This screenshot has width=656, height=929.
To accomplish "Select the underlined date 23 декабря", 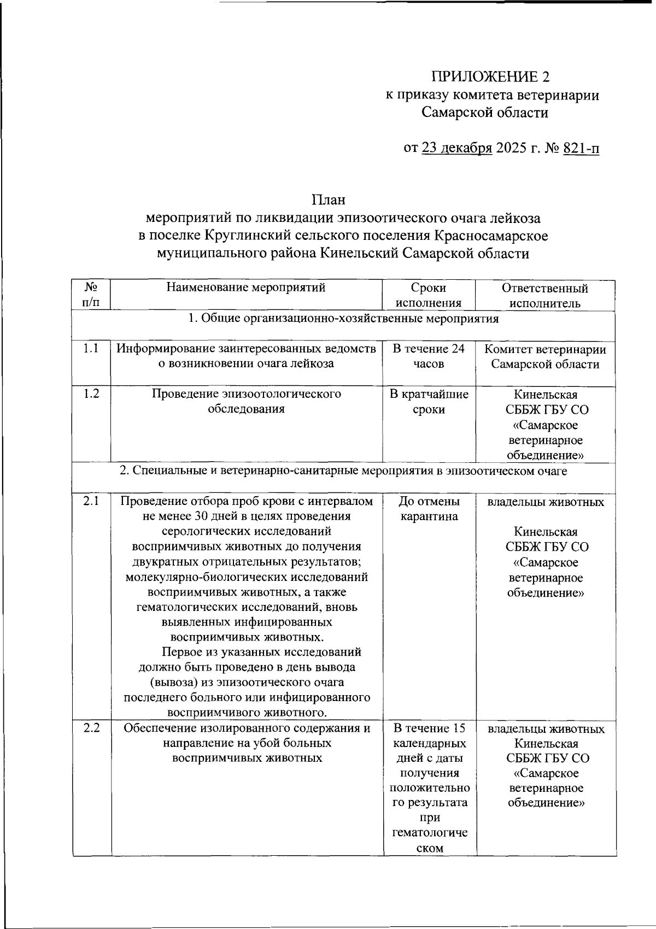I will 457,149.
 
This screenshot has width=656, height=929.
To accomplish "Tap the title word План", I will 329,200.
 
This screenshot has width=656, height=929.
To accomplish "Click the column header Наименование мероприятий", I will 246,288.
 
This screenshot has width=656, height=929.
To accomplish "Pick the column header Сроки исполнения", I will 429,296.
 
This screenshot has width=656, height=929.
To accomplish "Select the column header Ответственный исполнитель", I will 545,296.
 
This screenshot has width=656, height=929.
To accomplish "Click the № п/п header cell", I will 91,295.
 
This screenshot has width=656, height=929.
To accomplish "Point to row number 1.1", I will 91,349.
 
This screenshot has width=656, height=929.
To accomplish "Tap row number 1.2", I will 91,393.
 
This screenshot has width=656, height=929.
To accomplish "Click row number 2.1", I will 91,501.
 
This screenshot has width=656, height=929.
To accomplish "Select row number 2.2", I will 91,728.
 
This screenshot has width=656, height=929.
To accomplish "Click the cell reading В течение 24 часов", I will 429,356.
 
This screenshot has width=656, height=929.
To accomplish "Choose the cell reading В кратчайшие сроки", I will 429,402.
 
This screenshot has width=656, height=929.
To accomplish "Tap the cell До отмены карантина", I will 429,509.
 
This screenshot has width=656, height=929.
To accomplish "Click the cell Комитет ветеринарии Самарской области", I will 545,356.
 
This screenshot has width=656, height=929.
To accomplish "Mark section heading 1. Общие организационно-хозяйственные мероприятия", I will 343,319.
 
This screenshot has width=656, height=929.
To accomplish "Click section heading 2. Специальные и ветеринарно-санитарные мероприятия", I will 343,471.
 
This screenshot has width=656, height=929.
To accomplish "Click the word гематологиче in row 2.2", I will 430,833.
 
